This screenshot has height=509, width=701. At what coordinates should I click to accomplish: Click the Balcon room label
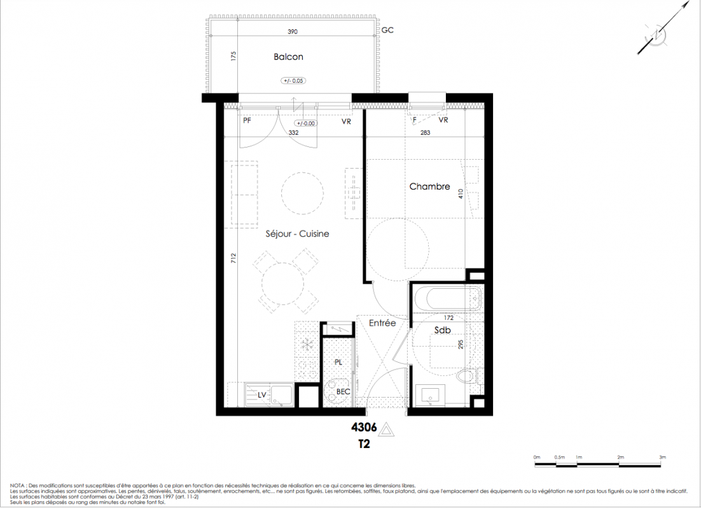[x=288, y=57]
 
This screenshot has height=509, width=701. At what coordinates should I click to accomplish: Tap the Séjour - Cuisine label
[x=297, y=234]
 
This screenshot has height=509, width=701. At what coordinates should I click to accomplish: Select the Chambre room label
[x=429, y=186]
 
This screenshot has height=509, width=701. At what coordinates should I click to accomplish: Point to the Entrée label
[x=382, y=323]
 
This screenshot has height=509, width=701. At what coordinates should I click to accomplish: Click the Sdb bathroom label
[x=443, y=330]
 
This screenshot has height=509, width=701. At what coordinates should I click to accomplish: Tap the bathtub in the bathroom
[x=448, y=298]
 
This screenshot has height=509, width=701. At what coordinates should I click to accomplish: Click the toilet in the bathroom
[x=468, y=375]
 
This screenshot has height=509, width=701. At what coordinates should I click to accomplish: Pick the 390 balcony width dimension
[x=293, y=32]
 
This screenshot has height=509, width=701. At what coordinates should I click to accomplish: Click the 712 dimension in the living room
[x=233, y=258]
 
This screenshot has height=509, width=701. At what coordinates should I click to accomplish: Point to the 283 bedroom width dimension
[x=425, y=132]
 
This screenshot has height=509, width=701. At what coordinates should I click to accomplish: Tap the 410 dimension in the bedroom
[x=461, y=194]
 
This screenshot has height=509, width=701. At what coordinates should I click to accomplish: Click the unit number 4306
[x=364, y=428]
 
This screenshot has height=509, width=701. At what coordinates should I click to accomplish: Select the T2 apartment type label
[x=364, y=445]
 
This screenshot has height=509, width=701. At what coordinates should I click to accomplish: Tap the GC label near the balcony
[x=387, y=30]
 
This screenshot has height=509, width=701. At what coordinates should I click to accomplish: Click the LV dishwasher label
[x=262, y=395]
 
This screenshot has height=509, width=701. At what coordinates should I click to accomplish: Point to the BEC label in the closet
[x=344, y=392]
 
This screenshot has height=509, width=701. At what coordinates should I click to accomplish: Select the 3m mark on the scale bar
[x=662, y=457]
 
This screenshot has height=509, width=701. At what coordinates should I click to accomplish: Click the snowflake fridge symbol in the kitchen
[x=308, y=344]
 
